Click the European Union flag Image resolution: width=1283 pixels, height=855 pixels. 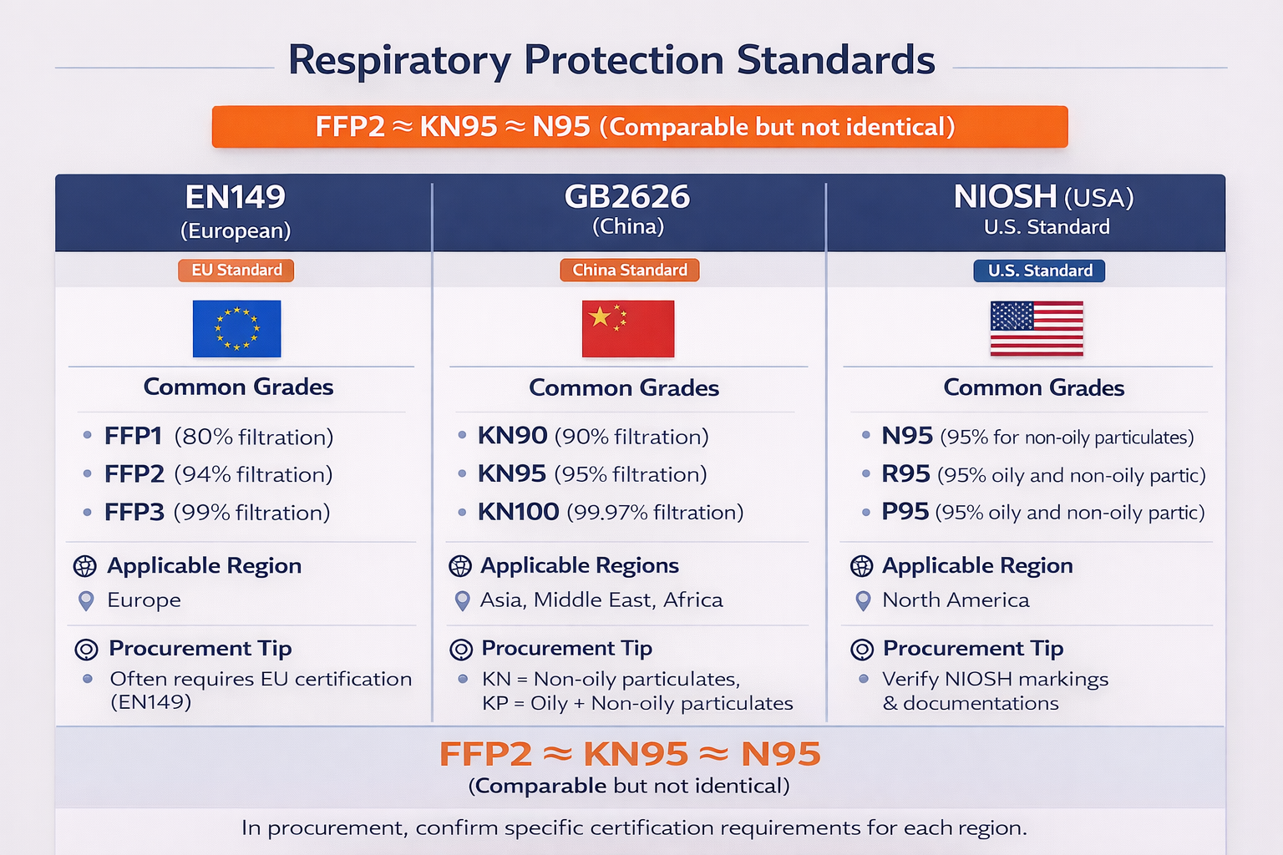point(236,328)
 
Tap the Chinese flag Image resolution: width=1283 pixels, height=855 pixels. point(627,328)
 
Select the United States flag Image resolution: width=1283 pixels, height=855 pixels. point(1037,328)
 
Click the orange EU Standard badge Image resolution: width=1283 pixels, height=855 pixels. point(236,270)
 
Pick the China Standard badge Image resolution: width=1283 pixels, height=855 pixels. point(629,270)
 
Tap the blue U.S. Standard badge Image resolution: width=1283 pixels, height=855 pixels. point(1039,271)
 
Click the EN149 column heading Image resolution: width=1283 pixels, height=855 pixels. point(235,197)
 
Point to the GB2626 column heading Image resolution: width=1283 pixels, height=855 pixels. point(627,197)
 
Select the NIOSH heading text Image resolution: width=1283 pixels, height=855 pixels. point(1005,197)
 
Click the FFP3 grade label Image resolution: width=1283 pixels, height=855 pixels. point(134,512)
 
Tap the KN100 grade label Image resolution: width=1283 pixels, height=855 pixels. point(518,512)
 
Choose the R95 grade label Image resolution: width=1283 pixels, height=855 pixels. point(905,474)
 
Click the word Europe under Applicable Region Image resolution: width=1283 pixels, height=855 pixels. point(144,600)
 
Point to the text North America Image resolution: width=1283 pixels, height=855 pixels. point(956,600)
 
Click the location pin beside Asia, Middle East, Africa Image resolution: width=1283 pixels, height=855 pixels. point(462,600)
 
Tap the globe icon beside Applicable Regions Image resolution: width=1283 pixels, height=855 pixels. point(460,566)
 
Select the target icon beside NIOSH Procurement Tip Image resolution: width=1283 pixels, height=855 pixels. point(862,649)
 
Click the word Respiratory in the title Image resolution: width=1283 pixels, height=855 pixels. point(399,60)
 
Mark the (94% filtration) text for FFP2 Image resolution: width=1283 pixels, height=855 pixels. point(253,474)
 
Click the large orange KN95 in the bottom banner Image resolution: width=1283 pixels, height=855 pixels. point(636,754)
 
